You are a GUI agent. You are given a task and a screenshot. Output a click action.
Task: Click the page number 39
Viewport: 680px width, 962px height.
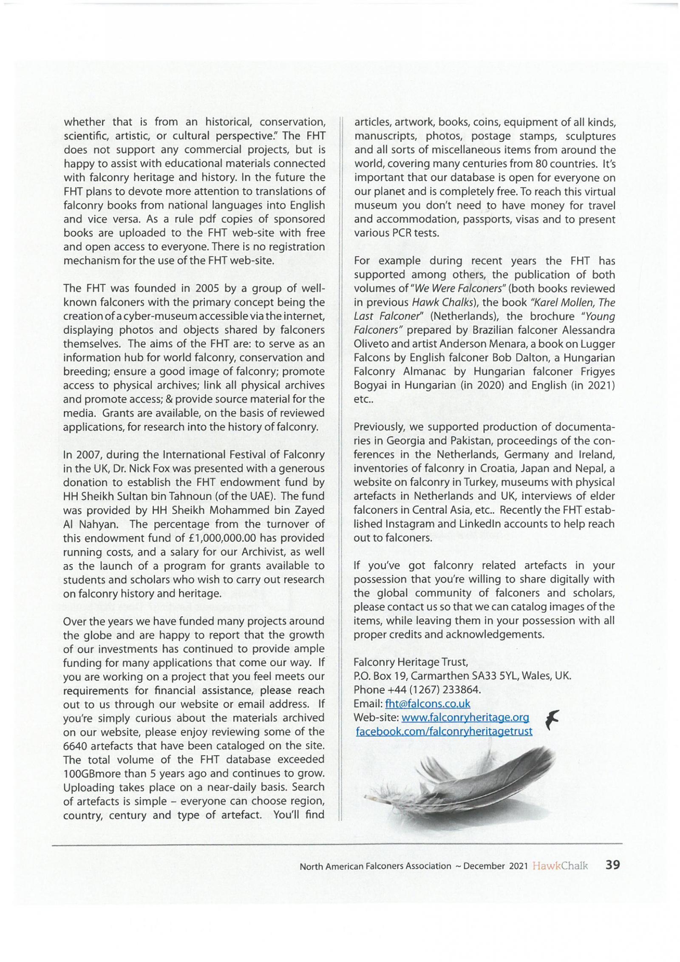tap(612, 865)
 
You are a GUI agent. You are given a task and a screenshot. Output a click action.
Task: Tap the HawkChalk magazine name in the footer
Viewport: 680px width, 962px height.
tap(560, 866)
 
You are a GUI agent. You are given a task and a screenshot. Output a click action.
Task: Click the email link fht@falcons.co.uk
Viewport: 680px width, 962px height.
tap(427, 704)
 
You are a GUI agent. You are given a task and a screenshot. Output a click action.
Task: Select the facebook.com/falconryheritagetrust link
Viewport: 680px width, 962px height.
tap(444, 731)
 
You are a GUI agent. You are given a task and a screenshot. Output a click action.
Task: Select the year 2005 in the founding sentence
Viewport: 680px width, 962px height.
tap(207, 288)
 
